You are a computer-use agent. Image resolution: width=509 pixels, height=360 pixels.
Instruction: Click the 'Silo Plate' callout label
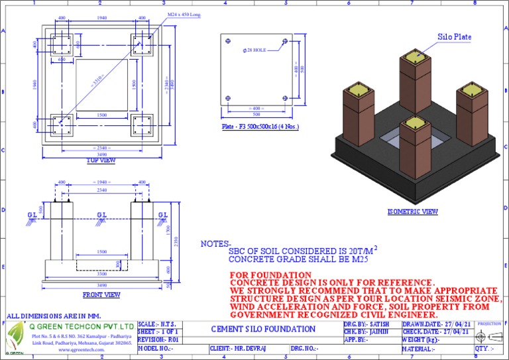coord(454,37)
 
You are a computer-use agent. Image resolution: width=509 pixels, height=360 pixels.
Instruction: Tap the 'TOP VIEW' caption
coord(101,160)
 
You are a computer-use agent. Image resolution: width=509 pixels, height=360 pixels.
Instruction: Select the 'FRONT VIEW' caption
coord(101,294)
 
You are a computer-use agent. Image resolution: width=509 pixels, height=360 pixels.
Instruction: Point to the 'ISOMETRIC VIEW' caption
coord(413,212)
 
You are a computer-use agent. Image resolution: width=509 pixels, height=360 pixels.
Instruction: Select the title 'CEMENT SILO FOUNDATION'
coord(264,330)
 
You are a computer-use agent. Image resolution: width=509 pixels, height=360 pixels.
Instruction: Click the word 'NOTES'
coord(215,244)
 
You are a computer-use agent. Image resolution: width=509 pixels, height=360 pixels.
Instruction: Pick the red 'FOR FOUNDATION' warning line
coord(270,274)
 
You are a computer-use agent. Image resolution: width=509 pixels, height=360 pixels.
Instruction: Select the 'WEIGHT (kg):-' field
coord(421,339)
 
